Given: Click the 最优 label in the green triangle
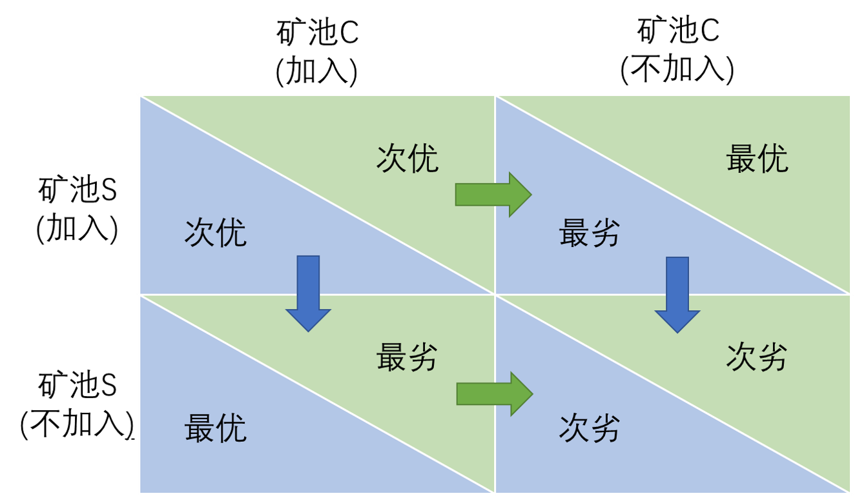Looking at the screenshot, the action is (x=757, y=159).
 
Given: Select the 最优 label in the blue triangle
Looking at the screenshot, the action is (x=216, y=428).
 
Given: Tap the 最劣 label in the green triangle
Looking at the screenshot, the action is (x=407, y=357).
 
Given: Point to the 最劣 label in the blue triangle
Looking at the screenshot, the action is (x=590, y=233).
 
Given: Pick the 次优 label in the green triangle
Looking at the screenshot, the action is (x=407, y=159).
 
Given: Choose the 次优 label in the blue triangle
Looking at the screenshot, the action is (x=216, y=233).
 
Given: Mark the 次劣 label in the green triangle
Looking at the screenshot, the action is (x=757, y=357).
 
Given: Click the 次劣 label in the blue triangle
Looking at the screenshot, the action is (x=590, y=428).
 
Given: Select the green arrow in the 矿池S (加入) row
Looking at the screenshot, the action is (x=493, y=194).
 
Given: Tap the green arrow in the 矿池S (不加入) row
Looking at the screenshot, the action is (x=495, y=394).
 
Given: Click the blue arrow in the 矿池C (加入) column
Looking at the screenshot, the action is (x=309, y=293).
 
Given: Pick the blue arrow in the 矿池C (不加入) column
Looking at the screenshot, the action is (x=677, y=295).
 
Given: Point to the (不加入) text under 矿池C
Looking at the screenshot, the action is (x=677, y=70).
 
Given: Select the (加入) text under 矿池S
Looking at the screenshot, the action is (x=77, y=228).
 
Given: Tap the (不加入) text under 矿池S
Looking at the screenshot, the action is (x=77, y=424).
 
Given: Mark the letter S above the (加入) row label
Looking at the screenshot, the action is (x=108, y=190).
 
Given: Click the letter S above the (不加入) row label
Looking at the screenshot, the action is (x=108, y=386).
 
